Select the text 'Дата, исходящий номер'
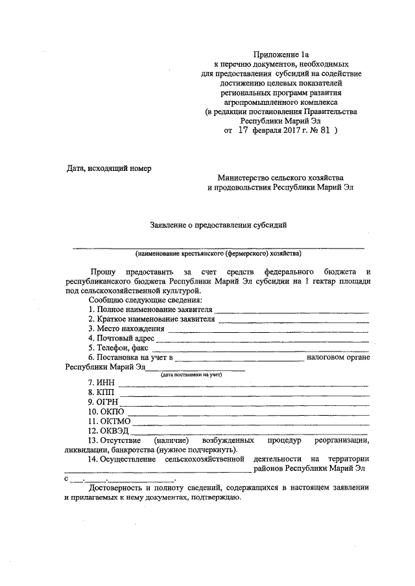(x=109, y=168)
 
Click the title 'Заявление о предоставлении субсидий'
(x=218, y=225)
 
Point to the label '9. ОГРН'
(x=104, y=401)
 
